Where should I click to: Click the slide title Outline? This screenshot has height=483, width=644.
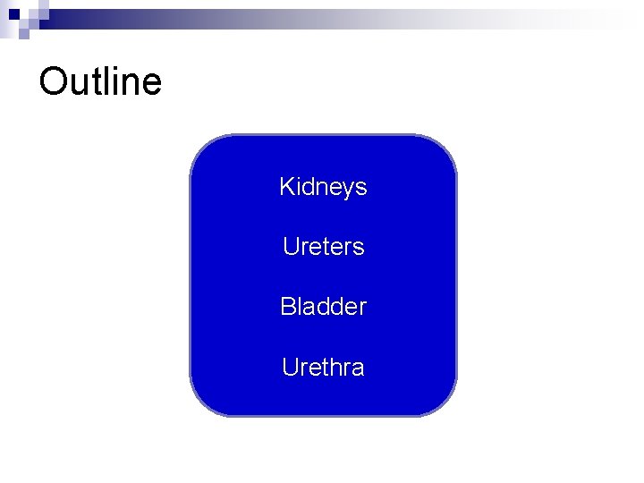tap(100, 81)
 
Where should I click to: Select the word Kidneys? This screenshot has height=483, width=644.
tap(323, 187)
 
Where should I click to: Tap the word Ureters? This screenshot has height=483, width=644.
tap(323, 247)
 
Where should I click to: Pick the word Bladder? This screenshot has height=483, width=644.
tap(323, 307)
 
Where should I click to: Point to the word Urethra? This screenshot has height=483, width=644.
tap(323, 368)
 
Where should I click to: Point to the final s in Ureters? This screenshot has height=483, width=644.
tap(360, 248)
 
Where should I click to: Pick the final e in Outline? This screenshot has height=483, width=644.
tap(152, 84)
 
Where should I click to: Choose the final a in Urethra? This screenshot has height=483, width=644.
tap(359, 369)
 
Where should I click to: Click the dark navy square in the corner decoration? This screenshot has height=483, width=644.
tap(13, 14)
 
